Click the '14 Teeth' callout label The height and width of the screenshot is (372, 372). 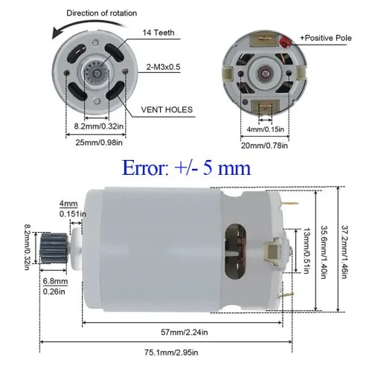[158, 33]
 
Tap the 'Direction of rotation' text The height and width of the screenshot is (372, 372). [102, 13]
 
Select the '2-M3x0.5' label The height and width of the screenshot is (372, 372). [163, 67]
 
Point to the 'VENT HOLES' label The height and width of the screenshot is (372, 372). [167, 109]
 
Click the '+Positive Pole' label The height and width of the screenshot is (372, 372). [326, 38]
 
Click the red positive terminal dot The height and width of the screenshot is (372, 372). [284, 42]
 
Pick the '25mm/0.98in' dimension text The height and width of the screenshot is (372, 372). [99, 143]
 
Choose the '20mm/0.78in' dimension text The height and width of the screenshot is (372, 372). [264, 145]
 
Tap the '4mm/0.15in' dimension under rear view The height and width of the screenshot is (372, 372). [266, 129]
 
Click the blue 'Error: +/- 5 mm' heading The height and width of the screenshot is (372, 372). [186, 168]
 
